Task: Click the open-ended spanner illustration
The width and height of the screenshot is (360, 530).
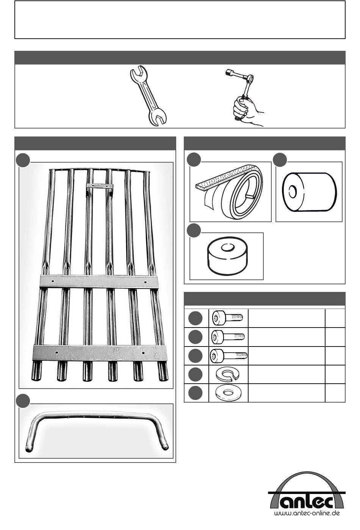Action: (148, 96)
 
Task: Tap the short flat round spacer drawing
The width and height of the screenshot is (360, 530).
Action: (227, 256)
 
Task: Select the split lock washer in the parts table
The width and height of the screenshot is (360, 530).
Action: (227, 374)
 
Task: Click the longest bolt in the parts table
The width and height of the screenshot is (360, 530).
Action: (229, 356)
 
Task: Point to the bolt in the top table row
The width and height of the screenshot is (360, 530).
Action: (227, 318)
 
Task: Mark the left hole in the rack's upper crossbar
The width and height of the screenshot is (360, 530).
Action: (53, 281)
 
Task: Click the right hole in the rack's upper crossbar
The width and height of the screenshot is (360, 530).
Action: (145, 282)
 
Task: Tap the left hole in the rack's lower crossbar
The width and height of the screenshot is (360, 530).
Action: (56, 352)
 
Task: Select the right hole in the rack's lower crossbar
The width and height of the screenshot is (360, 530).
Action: (143, 353)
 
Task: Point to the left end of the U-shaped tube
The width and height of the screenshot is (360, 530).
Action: (29, 449)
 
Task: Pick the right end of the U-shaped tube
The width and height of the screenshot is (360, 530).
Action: (165, 446)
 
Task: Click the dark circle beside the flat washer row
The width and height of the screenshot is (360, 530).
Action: (196, 393)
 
